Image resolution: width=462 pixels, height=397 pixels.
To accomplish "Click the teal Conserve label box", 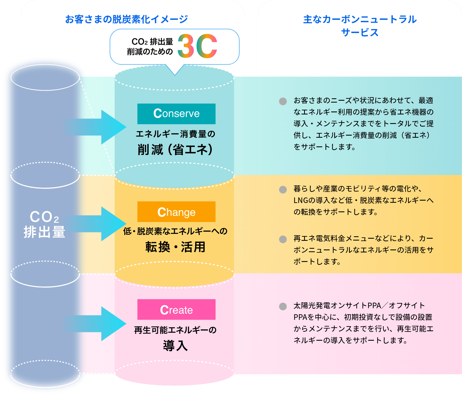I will click(x=176, y=114).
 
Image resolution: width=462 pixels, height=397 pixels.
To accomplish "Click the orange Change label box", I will click(x=176, y=212).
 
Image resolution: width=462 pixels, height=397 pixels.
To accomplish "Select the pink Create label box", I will click(x=176, y=310).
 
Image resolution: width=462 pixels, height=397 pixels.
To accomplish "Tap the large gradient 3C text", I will click(x=197, y=46).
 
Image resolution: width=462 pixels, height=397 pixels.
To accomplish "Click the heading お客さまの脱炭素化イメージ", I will click(x=126, y=19).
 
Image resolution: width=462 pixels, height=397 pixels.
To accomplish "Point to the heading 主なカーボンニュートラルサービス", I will click(x=360, y=26).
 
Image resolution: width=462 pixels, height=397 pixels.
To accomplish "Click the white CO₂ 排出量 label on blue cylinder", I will click(x=44, y=224).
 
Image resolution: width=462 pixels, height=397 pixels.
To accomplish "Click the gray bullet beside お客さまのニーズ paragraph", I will click(x=283, y=101).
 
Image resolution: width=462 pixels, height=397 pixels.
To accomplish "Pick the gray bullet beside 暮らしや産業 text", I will click(x=283, y=190).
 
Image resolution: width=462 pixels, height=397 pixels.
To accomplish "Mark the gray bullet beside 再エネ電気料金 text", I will click(x=283, y=239).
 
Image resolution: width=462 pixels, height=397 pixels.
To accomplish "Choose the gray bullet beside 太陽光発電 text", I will click(x=283, y=306).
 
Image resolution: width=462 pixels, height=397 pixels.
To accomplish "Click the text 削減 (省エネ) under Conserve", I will click(x=175, y=150).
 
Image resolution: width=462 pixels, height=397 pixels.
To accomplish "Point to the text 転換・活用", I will click(x=175, y=247).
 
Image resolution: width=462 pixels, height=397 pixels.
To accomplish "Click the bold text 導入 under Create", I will click(x=175, y=345).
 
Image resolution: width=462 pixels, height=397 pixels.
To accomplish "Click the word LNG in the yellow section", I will click(x=301, y=201).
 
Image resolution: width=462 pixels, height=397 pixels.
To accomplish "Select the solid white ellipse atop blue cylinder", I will click(x=45, y=77).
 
